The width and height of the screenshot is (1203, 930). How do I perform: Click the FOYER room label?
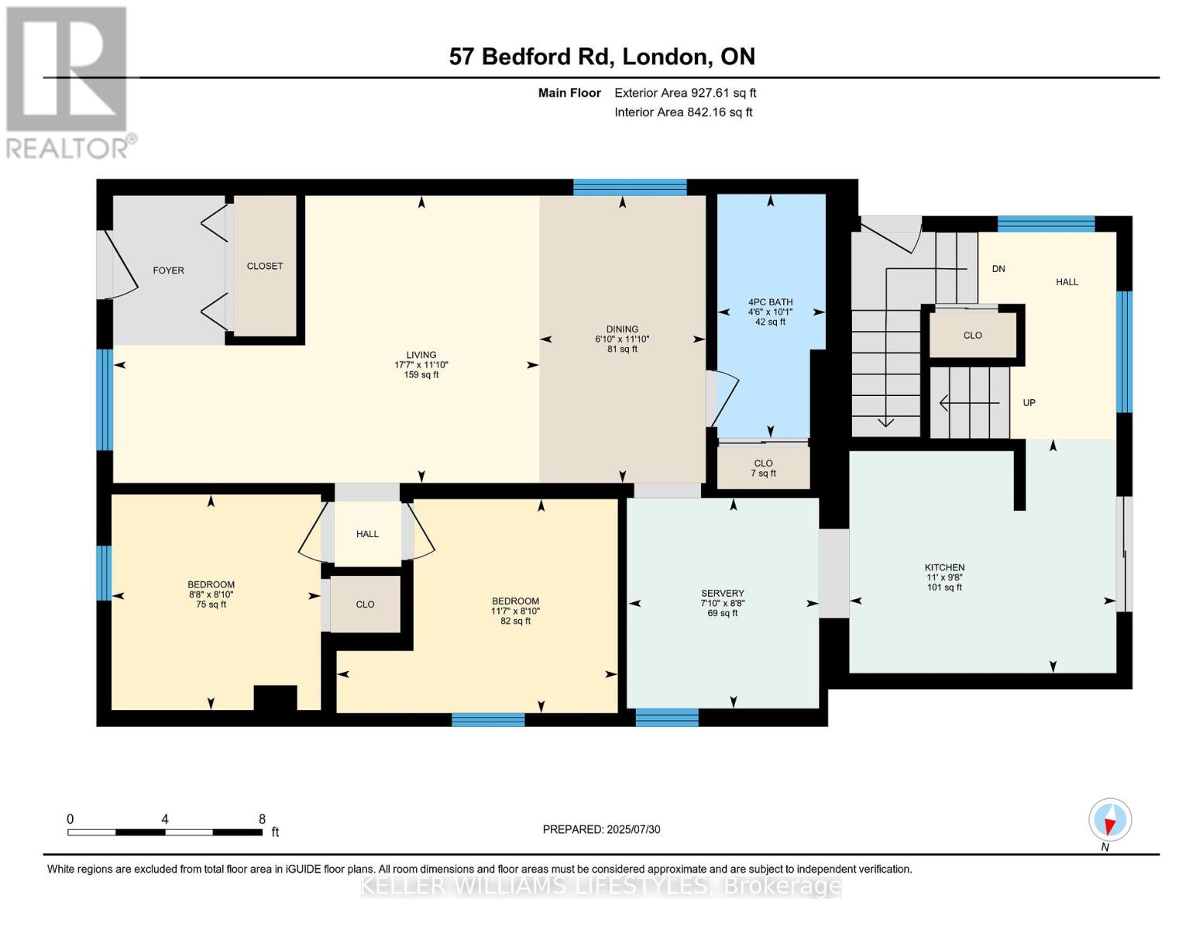click(168, 270)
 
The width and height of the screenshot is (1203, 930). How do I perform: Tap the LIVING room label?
click(421, 354)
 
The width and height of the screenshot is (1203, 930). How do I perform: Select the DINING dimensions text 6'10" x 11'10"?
click(622, 339)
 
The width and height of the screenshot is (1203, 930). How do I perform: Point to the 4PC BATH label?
click(770, 302)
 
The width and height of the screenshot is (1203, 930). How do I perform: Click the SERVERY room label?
click(723, 593)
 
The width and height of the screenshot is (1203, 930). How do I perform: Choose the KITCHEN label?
click(944, 567)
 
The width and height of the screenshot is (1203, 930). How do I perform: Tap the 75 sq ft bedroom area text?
click(211, 604)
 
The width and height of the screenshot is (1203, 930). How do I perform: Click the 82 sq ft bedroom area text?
click(515, 621)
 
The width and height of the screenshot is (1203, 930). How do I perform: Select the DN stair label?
click(998, 269)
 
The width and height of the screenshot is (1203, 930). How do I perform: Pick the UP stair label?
click(1029, 403)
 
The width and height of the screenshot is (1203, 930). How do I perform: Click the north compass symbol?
click(1110, 820)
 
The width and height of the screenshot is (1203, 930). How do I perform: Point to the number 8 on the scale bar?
click(262, 818)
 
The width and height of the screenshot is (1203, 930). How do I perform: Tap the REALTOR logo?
click(69, 83)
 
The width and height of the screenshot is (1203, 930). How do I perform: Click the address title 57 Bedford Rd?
click(529, 57)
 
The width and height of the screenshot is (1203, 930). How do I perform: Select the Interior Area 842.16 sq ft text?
click(683, 112)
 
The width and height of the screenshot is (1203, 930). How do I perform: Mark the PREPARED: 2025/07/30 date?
click(601, 829)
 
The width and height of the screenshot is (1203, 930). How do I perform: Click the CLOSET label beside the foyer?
click(265, 266)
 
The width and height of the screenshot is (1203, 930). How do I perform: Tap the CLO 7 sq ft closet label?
click(763, 468)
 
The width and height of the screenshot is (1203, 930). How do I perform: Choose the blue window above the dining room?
click(630, 188)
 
